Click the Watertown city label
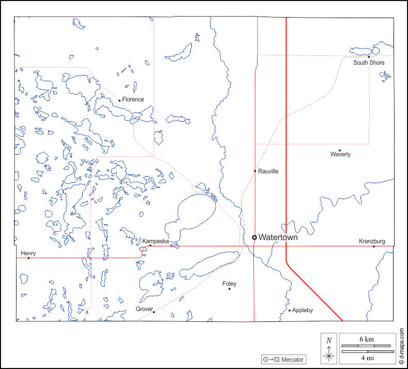click(x=278, y=238)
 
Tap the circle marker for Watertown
click(x=254, y=237)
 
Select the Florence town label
click(x=133, y=99)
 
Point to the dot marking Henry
click(x=28, y=258)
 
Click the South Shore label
click(x=369, y=63)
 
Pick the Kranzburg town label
click(x=372, y=241)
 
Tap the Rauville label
click(x=268, y=171)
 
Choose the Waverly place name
click(x=340, y=154)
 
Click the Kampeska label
click(x=156, y=241)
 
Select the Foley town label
click(x=229, y=284)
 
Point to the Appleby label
click(x=303, y=310)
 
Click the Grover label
click(x=144, y=309)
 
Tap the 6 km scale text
click(x=366, y=340)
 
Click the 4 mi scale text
click(x=366, y=358)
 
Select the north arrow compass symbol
click(x=329, y=348)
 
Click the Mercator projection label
click(x=292, y=359)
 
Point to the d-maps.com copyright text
click(x=401, y=341)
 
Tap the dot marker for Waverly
click(x=340, y=150)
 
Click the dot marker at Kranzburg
click(x=373, y=246)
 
